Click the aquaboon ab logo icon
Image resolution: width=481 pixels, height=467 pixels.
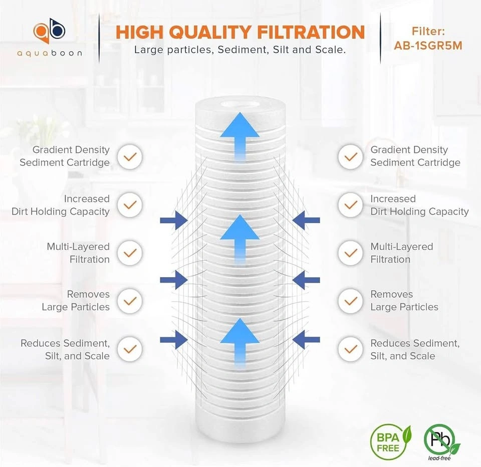50,31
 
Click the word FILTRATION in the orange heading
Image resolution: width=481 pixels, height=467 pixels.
311,32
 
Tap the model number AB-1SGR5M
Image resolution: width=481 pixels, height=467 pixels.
428,46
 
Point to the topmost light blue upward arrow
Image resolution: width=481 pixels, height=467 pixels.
239,136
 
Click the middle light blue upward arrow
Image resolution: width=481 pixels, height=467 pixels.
239,239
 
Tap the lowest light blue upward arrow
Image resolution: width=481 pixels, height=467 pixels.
239,342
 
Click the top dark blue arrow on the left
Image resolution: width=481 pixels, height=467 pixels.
174,220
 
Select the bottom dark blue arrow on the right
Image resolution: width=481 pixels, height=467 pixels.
306,340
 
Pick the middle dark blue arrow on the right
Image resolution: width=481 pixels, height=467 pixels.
306,280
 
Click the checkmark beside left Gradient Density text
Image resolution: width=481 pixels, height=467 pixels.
130,157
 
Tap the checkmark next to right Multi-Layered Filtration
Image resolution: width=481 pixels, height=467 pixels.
351,253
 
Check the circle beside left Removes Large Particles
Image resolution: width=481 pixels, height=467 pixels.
130,301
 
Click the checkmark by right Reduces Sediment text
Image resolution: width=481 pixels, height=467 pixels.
351,349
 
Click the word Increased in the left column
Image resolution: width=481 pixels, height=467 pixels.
87,199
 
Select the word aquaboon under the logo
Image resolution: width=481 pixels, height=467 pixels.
50,54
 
